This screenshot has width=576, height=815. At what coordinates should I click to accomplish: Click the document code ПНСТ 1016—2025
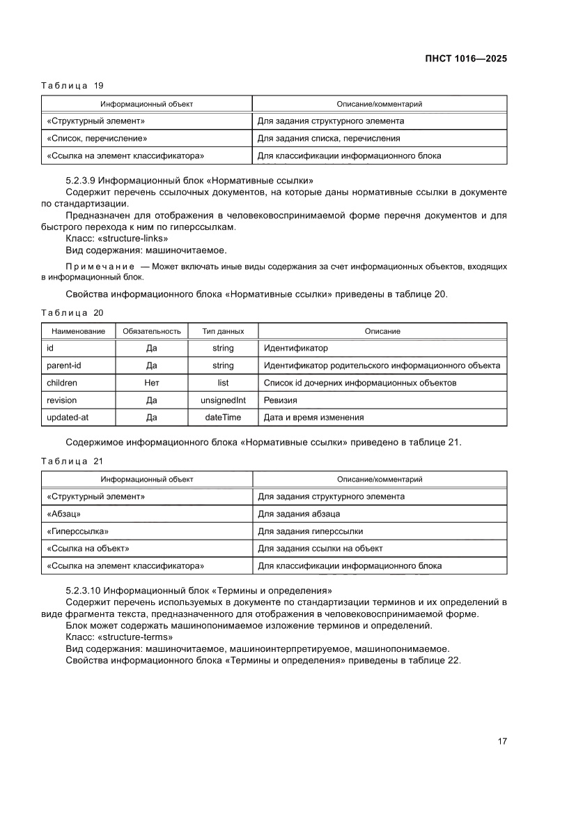pyautogui.click(x=465, y=59)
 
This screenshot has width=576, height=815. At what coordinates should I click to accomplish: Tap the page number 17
pyautogui.click(x=501, y=741)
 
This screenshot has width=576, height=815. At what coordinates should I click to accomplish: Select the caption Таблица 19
pyautogui.click(x=72, y=86)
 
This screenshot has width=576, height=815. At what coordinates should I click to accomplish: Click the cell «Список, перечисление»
pyautogui.click(x=97, y=138)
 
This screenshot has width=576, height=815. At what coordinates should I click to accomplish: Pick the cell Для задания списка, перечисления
pyautogui.click(x=329, y=138)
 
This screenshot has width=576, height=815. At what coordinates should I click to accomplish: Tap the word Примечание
pyautogui.click(x=100, y=267)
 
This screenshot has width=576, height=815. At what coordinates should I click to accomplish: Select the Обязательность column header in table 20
pyautogui.click(x=151, y=331)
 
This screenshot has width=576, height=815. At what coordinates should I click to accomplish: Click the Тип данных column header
pyautogui.click(x=223, y=331)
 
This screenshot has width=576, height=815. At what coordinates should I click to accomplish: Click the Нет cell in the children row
pyautogui.click(x=151, y=383)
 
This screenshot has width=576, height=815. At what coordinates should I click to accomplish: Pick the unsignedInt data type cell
pyautogui.click(x=223, y=400)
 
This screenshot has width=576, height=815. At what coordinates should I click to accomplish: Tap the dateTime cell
pyautogui.click(x=223, y=418)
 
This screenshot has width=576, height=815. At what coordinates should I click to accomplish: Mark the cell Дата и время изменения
pyautogui.click(x=313, y=418)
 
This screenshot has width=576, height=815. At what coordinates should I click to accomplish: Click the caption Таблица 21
pyautogui.click(x=72, y=461)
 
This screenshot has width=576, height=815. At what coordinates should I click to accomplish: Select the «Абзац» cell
pyautogui.click(x=64, y=514)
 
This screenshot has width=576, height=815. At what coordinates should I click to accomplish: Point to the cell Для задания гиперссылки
pyautogui.click(x=311, y=531)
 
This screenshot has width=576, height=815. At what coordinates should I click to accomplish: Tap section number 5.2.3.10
pyautogui.click(x=87, y=590)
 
